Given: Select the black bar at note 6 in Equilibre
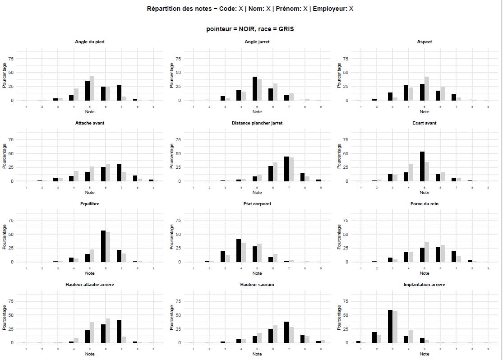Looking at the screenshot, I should (103, 246).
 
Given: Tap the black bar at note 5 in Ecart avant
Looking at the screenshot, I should (422, 166).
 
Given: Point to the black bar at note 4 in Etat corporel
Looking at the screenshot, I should (239, 250).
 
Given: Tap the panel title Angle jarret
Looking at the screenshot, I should (257, 42).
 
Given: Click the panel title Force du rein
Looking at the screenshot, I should (425, 204).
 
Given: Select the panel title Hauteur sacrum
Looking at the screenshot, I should (257, 285).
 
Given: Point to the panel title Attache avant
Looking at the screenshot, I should (90, 123).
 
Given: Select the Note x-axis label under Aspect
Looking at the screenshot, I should (425, 111).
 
